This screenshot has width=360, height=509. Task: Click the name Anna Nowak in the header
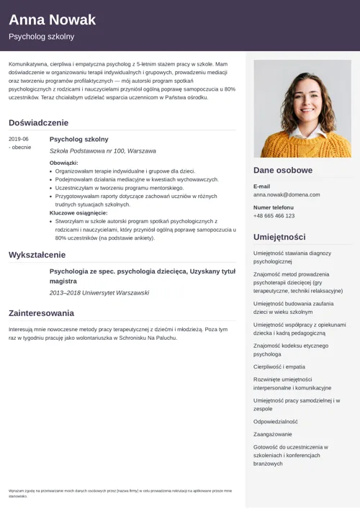52,19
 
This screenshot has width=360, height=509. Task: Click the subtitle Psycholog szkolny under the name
41,37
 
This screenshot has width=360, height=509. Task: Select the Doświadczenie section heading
39,122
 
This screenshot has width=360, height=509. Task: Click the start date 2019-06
19,139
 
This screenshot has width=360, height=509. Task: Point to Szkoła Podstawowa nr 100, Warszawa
102,151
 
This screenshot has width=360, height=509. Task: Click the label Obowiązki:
64,163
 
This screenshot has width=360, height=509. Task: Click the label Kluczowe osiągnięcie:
78,213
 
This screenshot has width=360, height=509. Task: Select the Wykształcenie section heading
37,255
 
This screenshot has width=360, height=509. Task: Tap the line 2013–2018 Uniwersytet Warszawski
99,293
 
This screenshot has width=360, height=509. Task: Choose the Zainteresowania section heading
41,313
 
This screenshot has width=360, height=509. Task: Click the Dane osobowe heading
283,171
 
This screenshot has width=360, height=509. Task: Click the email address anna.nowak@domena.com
285,194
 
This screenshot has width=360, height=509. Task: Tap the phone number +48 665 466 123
274,216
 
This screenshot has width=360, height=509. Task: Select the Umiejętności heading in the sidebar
279,237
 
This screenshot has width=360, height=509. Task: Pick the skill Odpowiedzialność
275,421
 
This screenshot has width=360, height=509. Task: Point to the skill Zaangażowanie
273,434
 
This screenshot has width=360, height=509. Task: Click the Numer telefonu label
274,207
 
